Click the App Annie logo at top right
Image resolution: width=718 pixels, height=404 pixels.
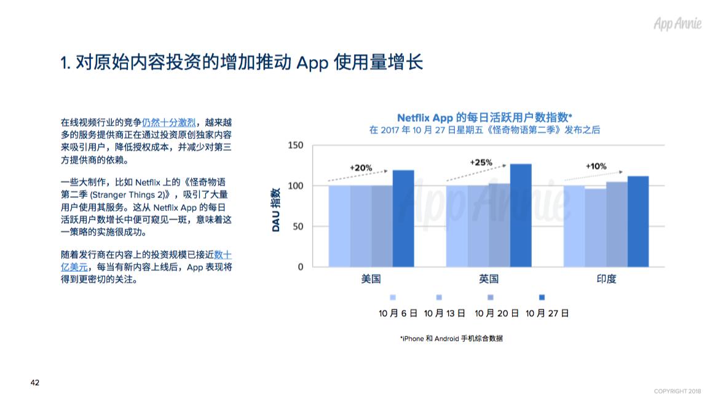pos(677,23)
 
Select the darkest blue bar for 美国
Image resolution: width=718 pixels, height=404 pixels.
pos(403,218)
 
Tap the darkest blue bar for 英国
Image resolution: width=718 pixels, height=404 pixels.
pos(521,215)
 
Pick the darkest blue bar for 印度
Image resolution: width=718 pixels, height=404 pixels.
pos(638,222)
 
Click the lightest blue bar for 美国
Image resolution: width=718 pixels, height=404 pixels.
pos(339,226)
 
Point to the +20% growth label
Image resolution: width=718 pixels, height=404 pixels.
pos(361,168)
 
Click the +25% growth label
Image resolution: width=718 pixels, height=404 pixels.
pos(481,162)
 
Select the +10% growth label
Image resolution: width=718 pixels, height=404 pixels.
pos(596,166)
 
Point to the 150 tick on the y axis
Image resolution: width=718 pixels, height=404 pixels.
pos(295,145)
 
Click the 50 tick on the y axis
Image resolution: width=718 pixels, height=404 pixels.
pos(298,226)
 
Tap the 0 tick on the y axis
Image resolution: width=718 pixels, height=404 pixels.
pos(301,267)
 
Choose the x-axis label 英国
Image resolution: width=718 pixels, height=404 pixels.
pos(489,279)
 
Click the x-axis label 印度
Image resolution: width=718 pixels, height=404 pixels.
pos(606,279)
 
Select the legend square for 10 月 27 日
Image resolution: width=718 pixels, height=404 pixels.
pos(542,297)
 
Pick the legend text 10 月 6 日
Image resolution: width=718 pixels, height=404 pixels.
pos(398,314)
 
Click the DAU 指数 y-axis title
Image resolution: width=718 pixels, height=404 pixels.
pos(275,209)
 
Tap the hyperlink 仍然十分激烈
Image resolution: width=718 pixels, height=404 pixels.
pos(168,122)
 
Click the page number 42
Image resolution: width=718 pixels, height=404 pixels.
pos(35,382)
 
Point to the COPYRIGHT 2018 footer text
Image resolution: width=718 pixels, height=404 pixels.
pos(677,391)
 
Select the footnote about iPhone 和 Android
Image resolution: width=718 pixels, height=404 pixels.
pos(451,338)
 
